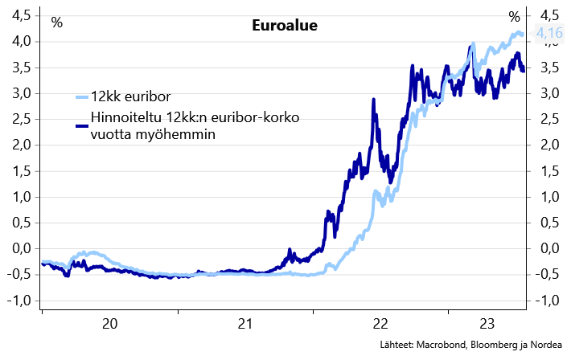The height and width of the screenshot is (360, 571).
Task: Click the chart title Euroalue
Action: click(x=285, y=25)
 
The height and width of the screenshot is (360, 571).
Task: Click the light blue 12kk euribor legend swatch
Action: click(x=80, y=97)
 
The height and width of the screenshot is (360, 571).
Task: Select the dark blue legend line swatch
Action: click(x=80, y=125)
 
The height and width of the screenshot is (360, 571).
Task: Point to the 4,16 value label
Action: click(x=549, y=33)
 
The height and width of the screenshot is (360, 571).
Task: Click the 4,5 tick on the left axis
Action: click(x=23, y=15)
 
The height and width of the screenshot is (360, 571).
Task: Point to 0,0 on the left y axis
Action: click(x=23, y=248)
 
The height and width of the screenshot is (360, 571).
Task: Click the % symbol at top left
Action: click(x=56, y=22)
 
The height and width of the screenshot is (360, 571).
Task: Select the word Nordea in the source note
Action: click(x=543, y=346)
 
